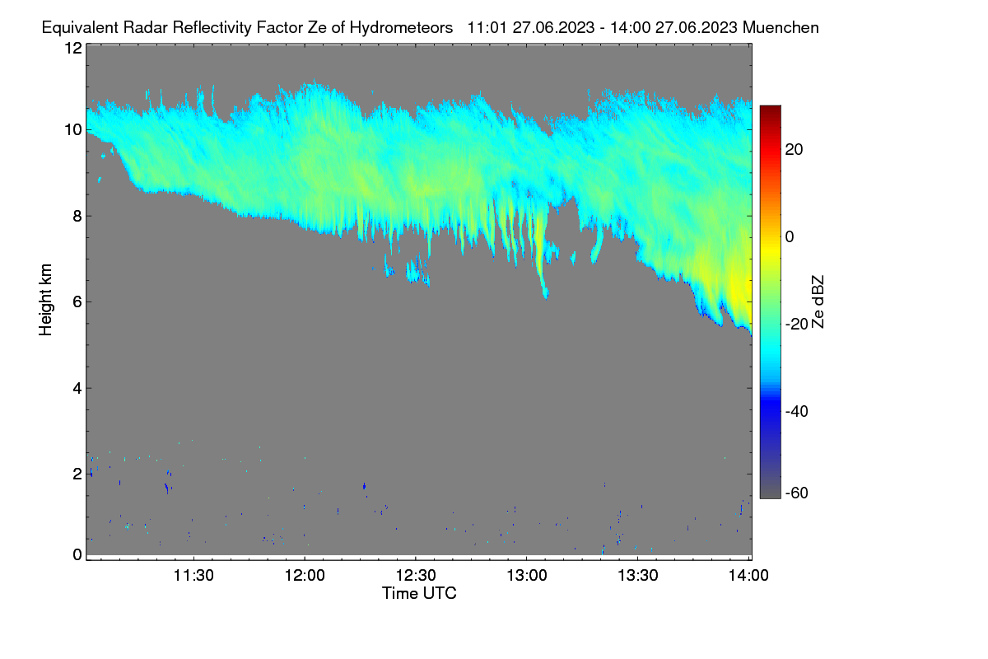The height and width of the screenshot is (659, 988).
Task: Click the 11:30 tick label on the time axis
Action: pyautogui.click(x=193, y=576)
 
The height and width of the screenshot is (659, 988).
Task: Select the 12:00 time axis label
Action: pyautogui.click(x=305, y=576)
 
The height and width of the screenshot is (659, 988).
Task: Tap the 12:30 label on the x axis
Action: pyautogui.click(x=416, y=576)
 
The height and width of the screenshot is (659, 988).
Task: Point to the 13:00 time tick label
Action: pyautogui.click(x=527, y=576)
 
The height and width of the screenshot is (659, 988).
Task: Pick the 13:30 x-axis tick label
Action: pyautogui.click(x=638, y=576)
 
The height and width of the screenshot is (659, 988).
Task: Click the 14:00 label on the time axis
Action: pyautogui.click(x=748, y=576)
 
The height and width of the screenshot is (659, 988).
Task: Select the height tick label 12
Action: pyautogui.click(x=73, y=48)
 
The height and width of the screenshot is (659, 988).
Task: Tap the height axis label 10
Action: pyautogui.click(x=73, y=130)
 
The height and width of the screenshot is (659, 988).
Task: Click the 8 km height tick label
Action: pyautogui.click(x=77, y=217)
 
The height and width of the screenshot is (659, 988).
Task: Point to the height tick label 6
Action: pyautogui.click(x=77, y=302)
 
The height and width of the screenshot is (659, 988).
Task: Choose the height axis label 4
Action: pyautogui.click(x=77, y=389)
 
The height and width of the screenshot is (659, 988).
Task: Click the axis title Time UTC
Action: pyautogui.click(x=419, y=594)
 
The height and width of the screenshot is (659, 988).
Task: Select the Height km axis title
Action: pyautogui.click(x=45, y=300)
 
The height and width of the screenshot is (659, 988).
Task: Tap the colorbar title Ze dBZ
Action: pyautogui.click(x=818, y=302)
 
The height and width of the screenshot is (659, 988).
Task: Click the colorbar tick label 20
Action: pyautogui.click(x=794, y=150)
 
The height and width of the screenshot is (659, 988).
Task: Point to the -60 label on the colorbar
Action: pyautogui.click(x=797, y=493)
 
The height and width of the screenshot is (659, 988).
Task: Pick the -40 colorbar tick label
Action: pyautogui.click(x=797, y=412)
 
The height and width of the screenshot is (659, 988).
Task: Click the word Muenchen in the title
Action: pyautogui.click(x=781, y=28)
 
